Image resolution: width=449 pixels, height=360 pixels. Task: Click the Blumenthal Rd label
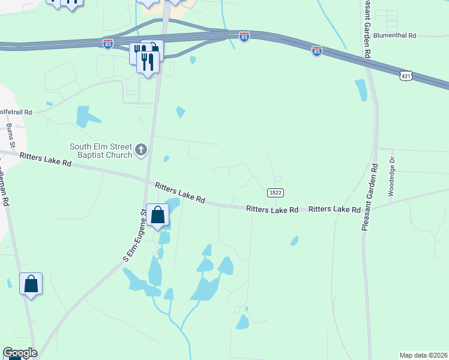[394, 36]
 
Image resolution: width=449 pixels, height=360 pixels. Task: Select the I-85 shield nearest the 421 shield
[317, 52]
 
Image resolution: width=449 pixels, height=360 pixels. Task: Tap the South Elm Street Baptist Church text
[100, 151]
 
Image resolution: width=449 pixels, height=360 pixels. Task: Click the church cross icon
[141, 150]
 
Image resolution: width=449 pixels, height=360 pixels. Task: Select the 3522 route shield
[275, 193]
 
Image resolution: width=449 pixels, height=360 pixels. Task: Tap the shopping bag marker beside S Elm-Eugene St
[158, 215]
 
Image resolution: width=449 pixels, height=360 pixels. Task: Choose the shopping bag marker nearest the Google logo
[31, 284]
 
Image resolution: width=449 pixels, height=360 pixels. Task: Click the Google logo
[20, 353]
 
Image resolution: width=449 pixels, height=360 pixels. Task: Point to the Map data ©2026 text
[423, 355]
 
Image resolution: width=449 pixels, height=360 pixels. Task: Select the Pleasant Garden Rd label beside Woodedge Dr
[369, 197]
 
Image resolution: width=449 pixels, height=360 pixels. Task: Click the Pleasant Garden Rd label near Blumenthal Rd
[366, 28]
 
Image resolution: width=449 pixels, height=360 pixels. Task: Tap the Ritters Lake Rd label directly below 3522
[272, 209]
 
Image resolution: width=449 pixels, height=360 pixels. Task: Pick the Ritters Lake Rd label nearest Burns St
[46, 160]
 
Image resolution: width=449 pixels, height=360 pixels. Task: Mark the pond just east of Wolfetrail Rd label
[86, 116]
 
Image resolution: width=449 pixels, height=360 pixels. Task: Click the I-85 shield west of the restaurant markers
[107, 44]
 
